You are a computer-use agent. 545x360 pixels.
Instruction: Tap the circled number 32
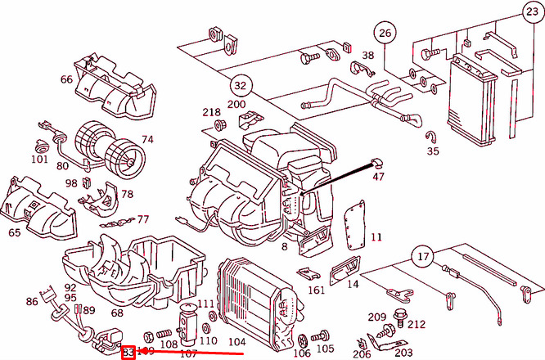point(239,84)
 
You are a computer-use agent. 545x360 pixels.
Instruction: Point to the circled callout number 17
point(421,257)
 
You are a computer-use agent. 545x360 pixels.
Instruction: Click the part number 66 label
point(66,79)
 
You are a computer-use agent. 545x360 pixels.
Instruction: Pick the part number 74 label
point(147,139)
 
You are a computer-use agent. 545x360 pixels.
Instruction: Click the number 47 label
point(378,176)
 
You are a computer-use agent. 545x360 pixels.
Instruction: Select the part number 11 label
point(376,237)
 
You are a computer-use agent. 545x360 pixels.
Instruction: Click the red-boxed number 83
point(128,352)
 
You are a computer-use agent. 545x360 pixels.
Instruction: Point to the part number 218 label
point(212,112)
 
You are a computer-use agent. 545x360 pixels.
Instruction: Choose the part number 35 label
point(433,151)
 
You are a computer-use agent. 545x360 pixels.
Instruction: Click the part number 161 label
point(317,290)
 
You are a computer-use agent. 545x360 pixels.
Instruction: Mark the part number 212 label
point(417,324)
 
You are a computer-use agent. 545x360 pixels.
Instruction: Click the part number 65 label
point(14,232)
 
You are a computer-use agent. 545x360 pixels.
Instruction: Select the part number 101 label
point(40,159)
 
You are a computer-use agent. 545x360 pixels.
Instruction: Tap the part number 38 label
point(368,56)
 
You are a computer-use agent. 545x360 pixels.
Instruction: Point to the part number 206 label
point(362,353)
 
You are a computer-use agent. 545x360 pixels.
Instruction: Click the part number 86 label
point(31,302)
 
